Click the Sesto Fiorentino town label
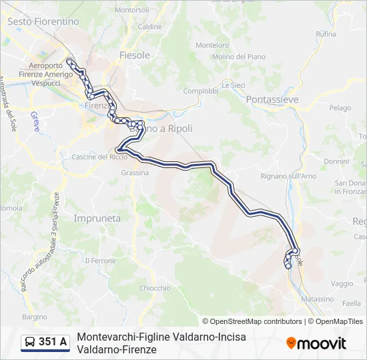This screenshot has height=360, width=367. (43, 21)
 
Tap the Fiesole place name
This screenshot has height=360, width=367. (134, 55)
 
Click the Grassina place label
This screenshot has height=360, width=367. (135, 172)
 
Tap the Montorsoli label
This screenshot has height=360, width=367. (132, 10)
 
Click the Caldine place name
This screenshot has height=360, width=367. (150, 27)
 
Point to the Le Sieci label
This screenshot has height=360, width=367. (234, 85)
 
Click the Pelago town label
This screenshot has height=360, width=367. (340, 107)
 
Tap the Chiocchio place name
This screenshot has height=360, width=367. (155, 288)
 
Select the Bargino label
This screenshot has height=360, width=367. (35, 317)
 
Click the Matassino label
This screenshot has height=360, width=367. (317, 299)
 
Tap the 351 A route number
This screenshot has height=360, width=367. (53, 343)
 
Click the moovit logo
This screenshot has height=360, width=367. (316, 343)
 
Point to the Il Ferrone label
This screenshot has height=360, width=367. (103, 260)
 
